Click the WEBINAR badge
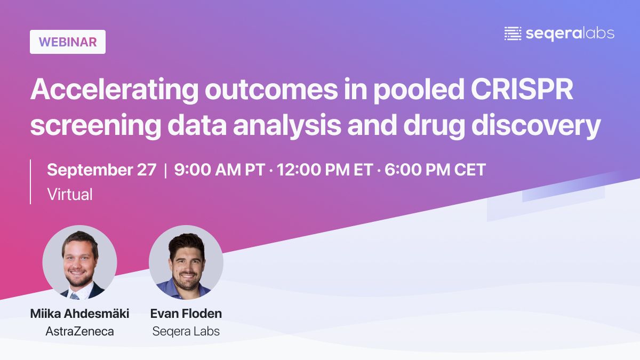click(68, 42)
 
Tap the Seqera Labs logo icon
click(513, 34)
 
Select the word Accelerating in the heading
click(113, 91)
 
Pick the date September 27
click(102, 170)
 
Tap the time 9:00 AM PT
click(219, 170)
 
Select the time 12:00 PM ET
click(324, 170)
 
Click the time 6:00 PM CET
click(435, 170)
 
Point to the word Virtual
click(70, 194)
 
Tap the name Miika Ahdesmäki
click(79, 314)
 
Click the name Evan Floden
click(186, 314)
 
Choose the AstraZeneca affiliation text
click(79, 331)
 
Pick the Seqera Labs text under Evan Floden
click(186, 331)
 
